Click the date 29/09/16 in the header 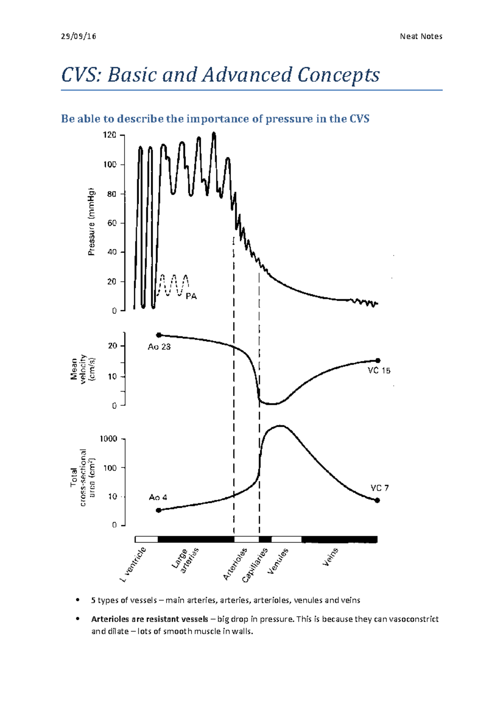[x=78, y=36]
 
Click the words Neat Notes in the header [x=421, y=36]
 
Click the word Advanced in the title [x=246, y=75]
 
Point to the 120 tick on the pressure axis [x=110, y=135]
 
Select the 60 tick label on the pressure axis [x=112, y=223]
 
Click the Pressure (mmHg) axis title [x=91, y=222]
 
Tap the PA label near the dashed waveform [x=191, y=296]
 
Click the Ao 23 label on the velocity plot [x=159, y=347]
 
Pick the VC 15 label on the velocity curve [x=379, y=371]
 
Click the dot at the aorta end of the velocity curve [x=159, y=335]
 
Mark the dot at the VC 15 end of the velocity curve [x=378, y=361]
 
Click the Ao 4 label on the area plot [x=158, y=497]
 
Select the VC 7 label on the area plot [x=379, y=488]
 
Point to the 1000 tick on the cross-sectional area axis [x=108, y=439]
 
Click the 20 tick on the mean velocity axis [x=112, y=346]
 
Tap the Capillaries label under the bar [x=255, y=565]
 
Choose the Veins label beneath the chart [x=330, y=557]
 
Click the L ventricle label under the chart [x=133, y=564]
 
